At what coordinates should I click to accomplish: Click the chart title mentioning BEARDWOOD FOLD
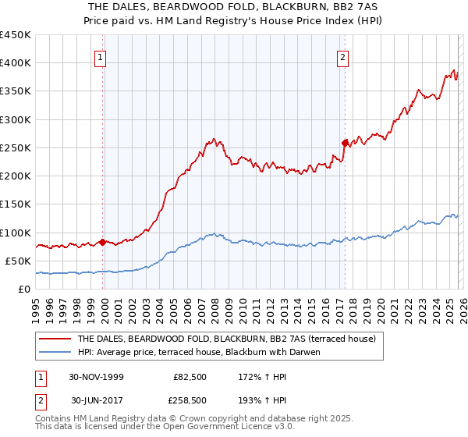click(233, 7)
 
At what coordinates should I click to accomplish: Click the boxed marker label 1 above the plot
click(102, 56)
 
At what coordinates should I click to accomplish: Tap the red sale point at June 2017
click(344, 142)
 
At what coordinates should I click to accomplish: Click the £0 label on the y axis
click(23, 289)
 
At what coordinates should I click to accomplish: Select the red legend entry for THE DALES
click(226, 339)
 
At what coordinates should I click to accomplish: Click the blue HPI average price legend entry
click(211, 352)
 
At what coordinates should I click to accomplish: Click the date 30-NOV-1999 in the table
click(97, 376)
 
